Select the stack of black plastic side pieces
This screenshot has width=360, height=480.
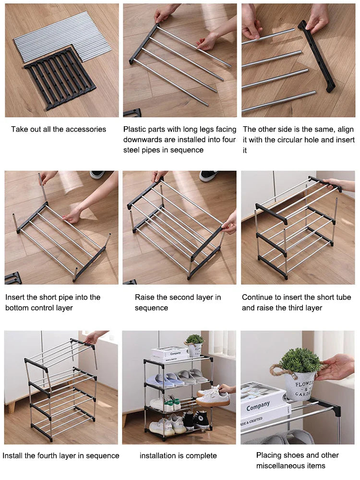[x=60, y=77]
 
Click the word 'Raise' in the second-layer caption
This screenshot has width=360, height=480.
[x=145, y=298]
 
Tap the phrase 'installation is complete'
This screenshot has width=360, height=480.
[x=178, y=456]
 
